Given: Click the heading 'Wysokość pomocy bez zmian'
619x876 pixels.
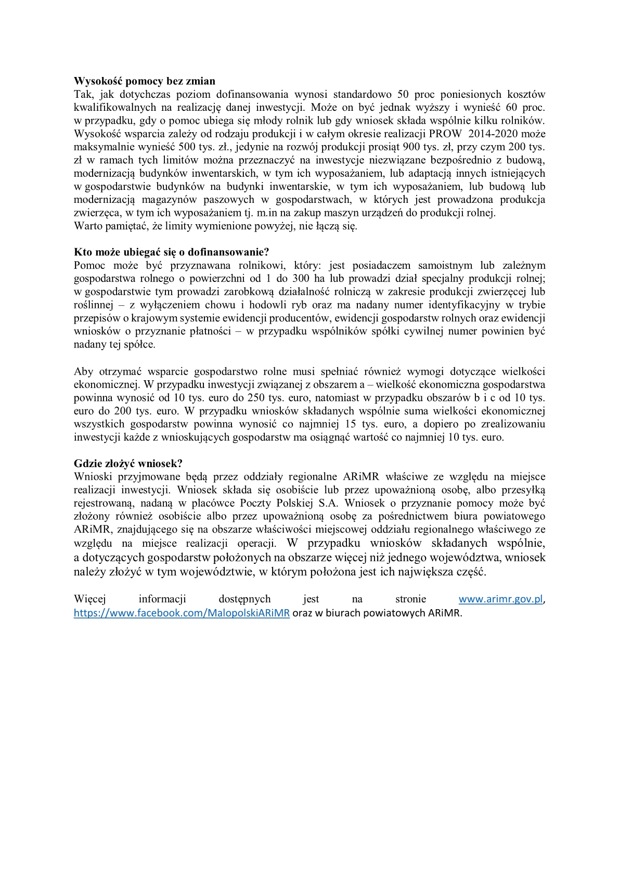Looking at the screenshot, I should pyautogui.click(x=144, y=81).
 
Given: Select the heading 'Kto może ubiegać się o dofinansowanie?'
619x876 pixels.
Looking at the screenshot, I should pyautogui.click(x=172, y=252).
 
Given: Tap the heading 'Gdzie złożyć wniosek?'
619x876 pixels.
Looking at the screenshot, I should pyautogui.click(x=128, y=463).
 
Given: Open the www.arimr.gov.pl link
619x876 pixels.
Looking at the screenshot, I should pyautogui.click(x=501, y=599).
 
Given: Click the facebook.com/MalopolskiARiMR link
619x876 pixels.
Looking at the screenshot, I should pyautogui.click(x=182, y=613).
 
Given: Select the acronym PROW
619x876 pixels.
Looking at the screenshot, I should pyautogui.click(x=445, y=134).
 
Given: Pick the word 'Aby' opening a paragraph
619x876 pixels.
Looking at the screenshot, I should pyautogui.click(x=83, y=371).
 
